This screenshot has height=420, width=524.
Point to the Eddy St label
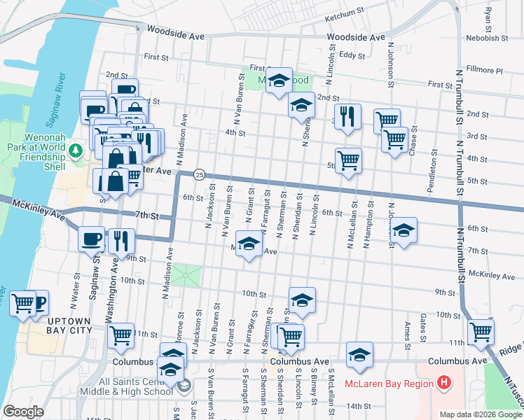(352, 54)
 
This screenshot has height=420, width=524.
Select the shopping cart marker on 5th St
(348, 161)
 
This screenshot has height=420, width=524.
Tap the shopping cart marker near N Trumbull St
(481, 332)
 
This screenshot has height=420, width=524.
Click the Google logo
(23, 412)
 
